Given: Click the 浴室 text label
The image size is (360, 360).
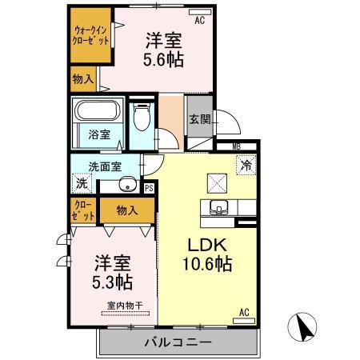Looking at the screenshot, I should [100, 135].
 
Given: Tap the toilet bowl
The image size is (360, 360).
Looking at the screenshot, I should [142, 121].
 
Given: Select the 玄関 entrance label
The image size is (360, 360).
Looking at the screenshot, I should [200, 119].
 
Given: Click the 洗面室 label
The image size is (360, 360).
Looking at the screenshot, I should [104, 166].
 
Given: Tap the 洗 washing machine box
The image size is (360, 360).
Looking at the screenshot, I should [82, 183].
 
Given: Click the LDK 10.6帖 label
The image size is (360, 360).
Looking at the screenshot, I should [210, 254].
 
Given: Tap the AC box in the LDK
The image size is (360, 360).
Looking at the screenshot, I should [245, 312].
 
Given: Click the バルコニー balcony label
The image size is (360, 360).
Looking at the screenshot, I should [177, 342].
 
